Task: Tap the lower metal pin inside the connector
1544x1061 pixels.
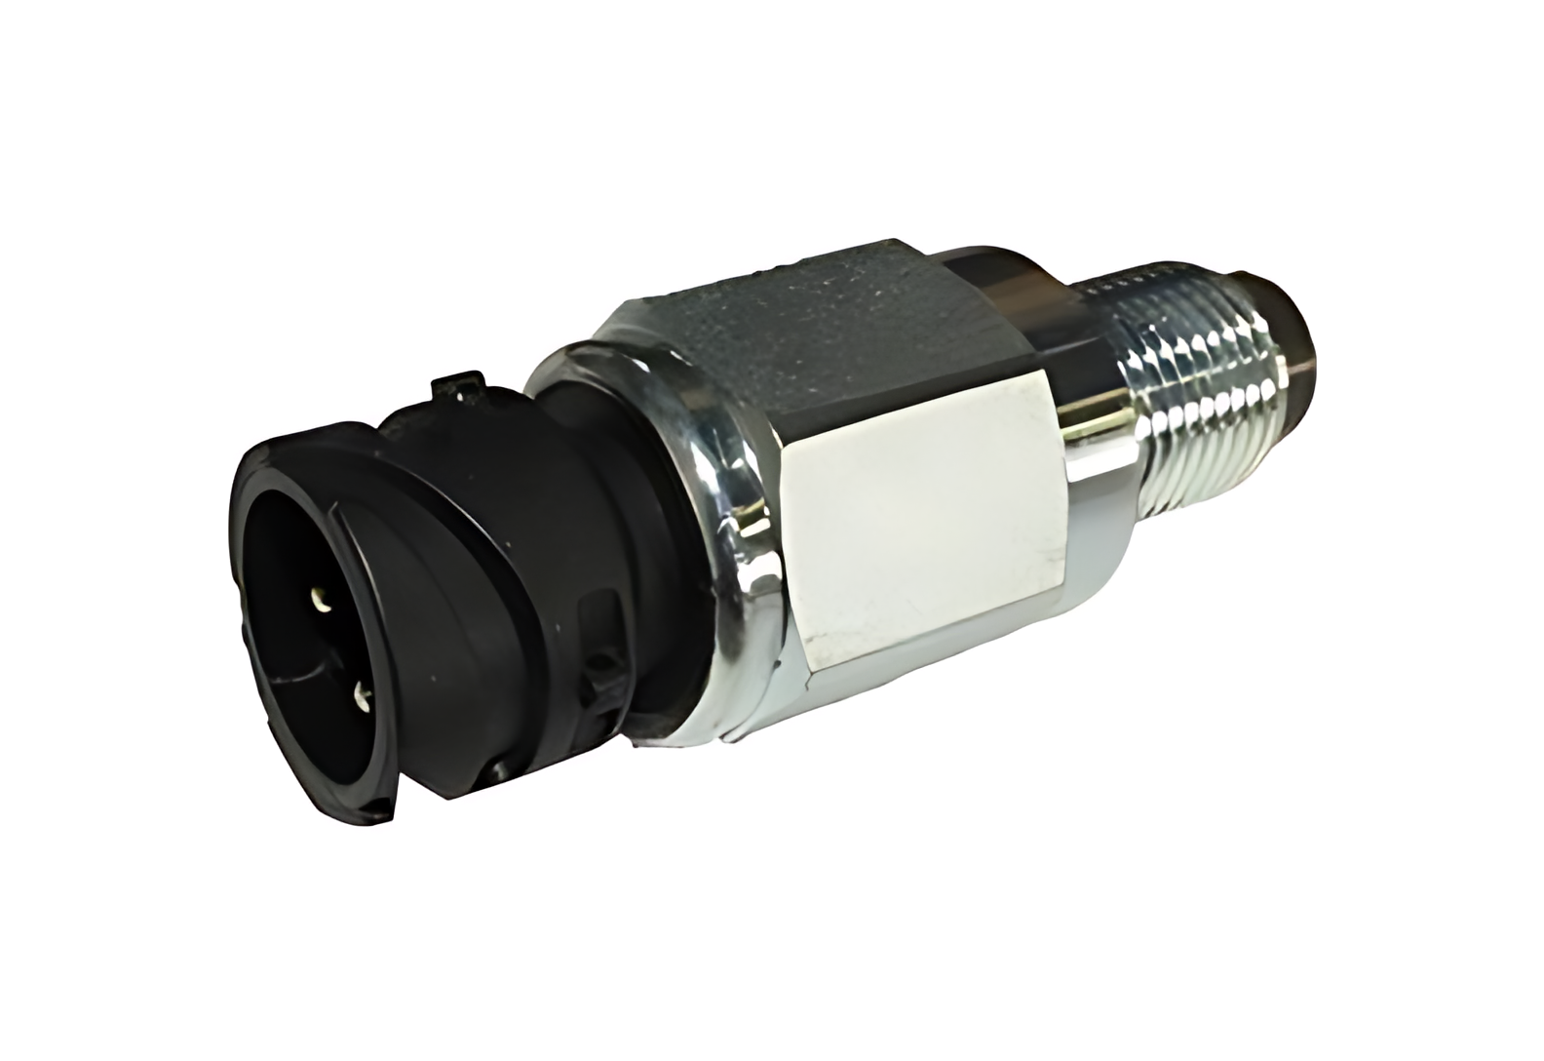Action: (x=362, y=694)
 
